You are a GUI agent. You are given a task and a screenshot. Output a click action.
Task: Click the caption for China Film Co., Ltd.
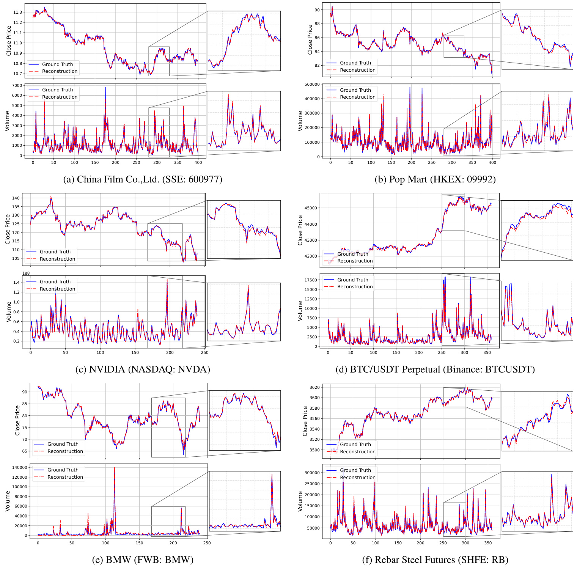click(143, 179)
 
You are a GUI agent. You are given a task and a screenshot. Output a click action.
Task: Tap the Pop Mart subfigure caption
click(435, 179)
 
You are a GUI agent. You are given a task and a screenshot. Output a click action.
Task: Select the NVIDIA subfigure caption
click(143, 369)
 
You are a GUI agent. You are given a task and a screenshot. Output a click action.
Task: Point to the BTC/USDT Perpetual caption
click(435, 369)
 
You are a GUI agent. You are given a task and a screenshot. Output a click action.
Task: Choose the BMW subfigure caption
click(143, 560)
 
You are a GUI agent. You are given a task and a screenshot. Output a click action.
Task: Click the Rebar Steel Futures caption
click(435, 560)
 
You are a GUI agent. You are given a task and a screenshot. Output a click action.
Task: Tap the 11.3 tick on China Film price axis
click(17, 13)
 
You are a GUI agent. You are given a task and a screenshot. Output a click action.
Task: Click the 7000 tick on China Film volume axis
click(17, 85)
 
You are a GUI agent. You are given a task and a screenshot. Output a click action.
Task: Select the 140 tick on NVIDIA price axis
click(16, 198)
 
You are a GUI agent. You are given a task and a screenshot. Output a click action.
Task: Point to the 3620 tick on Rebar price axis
click(314, 387)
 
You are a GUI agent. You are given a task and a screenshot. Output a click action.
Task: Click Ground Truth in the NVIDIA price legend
click(55, 252)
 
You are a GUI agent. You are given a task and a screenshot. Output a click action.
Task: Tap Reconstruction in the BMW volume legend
click(65, 477)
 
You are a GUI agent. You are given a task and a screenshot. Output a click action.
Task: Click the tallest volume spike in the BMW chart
click(114, 468)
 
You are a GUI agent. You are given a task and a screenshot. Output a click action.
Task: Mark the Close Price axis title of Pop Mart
click(310, 39)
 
